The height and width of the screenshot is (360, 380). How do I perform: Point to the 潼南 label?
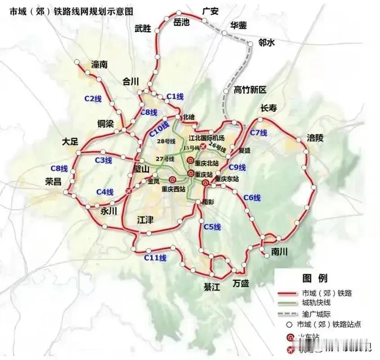pos(100,64)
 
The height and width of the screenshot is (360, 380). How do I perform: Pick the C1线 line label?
pos(175,96)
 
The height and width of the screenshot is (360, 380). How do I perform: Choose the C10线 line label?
pos(159,129)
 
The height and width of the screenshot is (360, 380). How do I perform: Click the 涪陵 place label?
pos(315,138)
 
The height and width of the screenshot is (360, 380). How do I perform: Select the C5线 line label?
pos(212,227)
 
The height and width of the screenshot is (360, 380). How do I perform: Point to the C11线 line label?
pos(155,258)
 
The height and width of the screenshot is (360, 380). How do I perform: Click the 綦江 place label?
pos(211,287)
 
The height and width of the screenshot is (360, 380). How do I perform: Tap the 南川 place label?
pos(279,252)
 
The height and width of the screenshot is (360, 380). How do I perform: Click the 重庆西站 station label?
pos(174,189)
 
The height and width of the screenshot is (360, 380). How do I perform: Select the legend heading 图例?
pos(315,278)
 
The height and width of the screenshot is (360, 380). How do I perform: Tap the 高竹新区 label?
pos(250,90)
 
